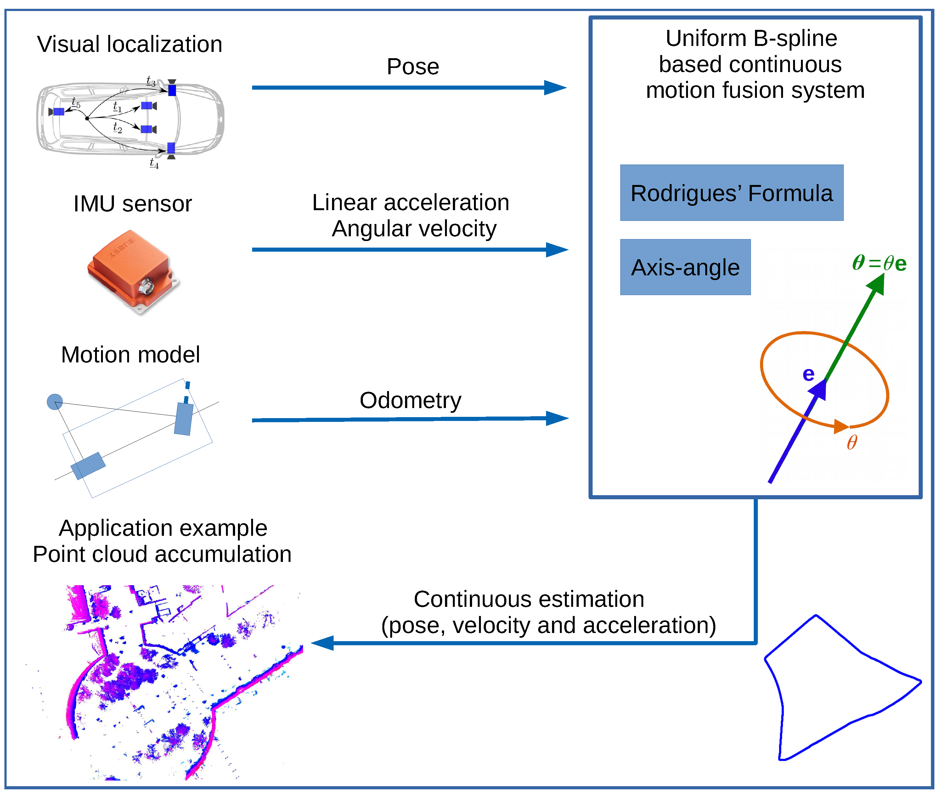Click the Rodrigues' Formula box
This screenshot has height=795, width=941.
pyautogui.click(x=731, y=193)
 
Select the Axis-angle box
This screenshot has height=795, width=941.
pyautogui.click(x=685, y=267)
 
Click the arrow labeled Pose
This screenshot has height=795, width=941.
pyautogui.click(x=408, y=87)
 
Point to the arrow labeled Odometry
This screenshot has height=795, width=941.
pyautogui.click(x=408, y=419)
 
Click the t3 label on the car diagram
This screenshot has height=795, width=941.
pyautogui.click(x=151, y=81)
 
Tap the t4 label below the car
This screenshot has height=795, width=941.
pyautogui.click(x=154, y=163)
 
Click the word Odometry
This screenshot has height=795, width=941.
pyautogui.click(x=410, y=400)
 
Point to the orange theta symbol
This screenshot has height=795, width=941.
pyautogui.click(x=852, y=442)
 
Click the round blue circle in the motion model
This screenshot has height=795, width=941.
pyautogui.click(x=54, y=401)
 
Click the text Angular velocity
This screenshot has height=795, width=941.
pyautogui.click(x=414, y=228)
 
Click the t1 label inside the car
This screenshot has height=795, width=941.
pyautogui.click(x=117, y=107)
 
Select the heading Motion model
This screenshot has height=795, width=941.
pyautogui.click(x=130, y=355)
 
